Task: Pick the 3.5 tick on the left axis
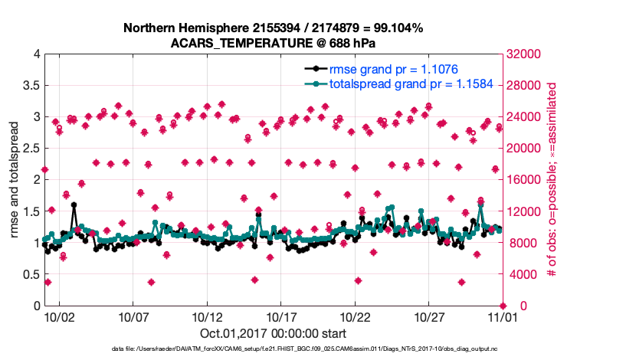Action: tap(30, 86)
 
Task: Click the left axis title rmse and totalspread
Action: tap(15, 180)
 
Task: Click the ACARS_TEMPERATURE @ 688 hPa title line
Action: tap(274, 43)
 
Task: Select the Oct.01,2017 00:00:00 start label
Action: tap(274, 333)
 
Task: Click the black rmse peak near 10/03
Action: tap(74, 205)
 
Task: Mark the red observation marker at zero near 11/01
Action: tap(503, 306)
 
